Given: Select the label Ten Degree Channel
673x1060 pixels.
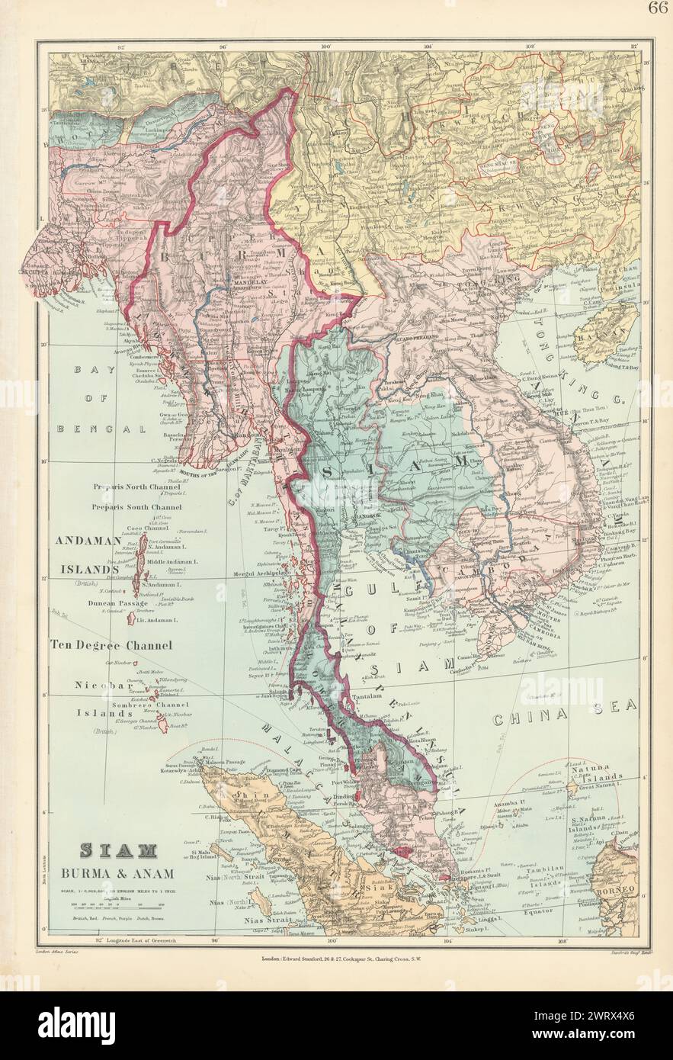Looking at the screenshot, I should pos(111,644).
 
